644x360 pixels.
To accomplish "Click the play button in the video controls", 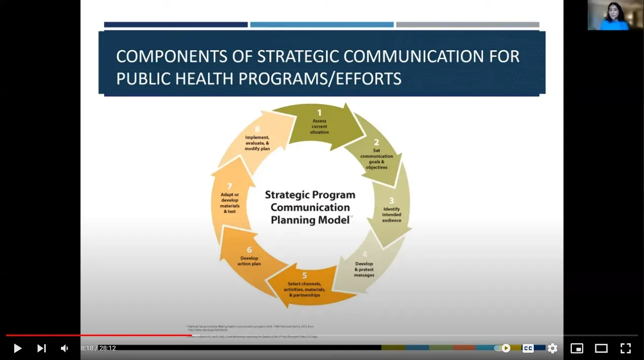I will [x=17, y=348].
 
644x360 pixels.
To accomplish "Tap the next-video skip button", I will [x=42, y=348].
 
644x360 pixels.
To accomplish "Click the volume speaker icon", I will [x=65, y=348].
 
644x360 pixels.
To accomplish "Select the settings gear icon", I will [x=553, y=348].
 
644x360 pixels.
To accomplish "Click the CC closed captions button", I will [x=528, y=348].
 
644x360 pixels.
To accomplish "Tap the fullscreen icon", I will [x=626, y=348].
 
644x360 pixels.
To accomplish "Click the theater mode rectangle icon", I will [x=601, y=348].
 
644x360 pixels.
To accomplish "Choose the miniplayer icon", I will [x=577, y=348].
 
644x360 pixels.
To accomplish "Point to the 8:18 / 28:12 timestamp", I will [x=98, y=348].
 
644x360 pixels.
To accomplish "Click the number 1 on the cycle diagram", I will [x=319, y=113].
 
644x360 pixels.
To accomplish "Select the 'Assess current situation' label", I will [x=319, y=126].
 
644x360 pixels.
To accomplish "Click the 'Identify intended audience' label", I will [x=392, y=215].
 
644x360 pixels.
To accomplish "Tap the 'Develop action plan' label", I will [x=249, y=261].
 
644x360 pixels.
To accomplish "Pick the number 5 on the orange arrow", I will [x=305, y=276].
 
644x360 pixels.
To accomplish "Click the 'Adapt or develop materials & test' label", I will [x=230, y=203].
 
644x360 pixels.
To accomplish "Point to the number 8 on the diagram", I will [x=257, y=129].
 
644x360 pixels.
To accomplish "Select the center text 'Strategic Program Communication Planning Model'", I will [x=310, y=207].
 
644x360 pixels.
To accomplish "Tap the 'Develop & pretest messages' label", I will [x=364, y=270].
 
